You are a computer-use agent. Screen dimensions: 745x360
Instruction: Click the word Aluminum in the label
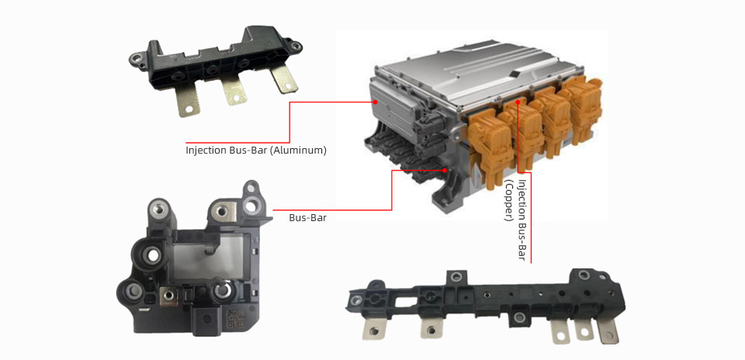[x=301, y=151]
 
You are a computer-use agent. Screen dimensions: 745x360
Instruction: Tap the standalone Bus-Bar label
[x=307, y=219]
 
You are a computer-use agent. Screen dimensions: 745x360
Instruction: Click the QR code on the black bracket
[x=234, y=319]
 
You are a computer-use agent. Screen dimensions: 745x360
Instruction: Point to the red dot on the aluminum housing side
[x=376, y=102]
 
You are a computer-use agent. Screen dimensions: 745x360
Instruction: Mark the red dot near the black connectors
[x=445, y=170]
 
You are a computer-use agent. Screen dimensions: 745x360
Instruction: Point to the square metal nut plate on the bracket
[x=168, y=296]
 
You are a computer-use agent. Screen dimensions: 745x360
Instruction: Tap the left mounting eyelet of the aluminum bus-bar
[x=137, y=59]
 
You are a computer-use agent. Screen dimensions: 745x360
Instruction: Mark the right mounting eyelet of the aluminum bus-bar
[x=296, y=46]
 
